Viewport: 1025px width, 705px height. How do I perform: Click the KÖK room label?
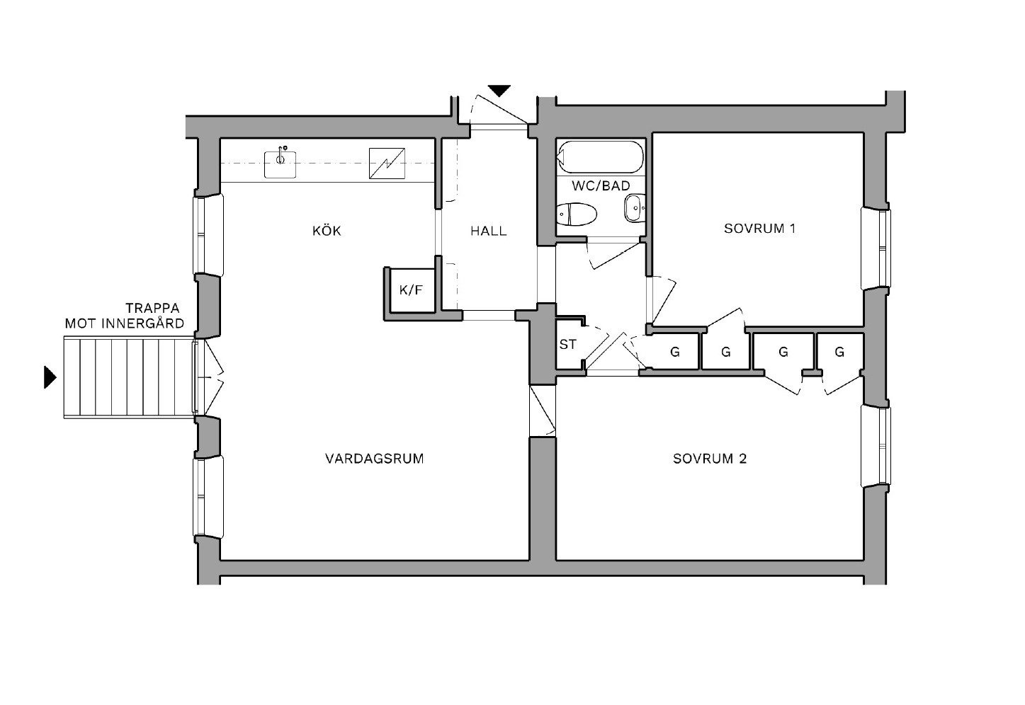[x=327, y=231]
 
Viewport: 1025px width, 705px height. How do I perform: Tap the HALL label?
[x=489, y=231]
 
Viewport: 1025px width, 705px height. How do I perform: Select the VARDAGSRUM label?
[x=374, y=459]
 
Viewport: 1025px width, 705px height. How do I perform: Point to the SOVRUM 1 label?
[x=759, y=229]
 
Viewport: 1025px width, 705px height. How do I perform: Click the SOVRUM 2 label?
[x=710, y=459]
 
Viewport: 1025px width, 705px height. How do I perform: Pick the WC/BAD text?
[x=601, y=186]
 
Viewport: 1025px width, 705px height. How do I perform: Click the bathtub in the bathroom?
[x=601, y=156]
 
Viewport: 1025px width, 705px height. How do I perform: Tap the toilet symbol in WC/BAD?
[x=576, y=213]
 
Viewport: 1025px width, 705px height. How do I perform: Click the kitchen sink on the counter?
[x=281, y=164]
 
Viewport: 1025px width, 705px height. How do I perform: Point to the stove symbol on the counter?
[x=387, y=163]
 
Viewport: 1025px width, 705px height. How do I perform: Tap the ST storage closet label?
[x=567, y=345]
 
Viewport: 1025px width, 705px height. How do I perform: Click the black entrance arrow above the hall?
[x=499, y=91]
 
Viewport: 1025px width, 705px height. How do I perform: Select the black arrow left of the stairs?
[x=50, y=377]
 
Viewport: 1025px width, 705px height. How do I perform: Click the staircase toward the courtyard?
[x=128, y=377]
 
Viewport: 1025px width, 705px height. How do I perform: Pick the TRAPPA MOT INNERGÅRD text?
[x=125, y=316]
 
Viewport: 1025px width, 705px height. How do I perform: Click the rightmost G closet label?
[x=839, y=351]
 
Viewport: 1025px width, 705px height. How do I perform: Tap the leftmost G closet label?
[x=674, y=351]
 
